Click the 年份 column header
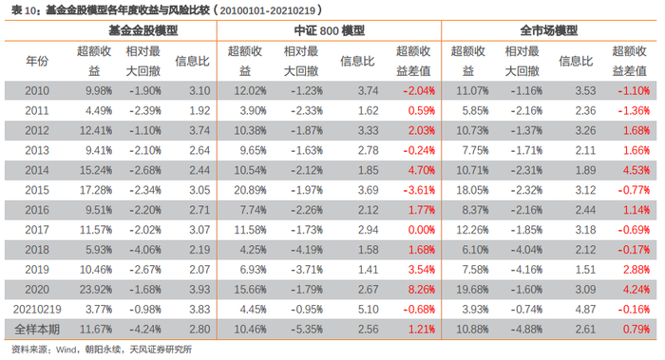coord(37,61)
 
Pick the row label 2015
coord(37,191)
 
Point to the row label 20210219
coord(37,309)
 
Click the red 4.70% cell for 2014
coord(419,171)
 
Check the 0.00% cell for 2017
coord(419,231)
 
